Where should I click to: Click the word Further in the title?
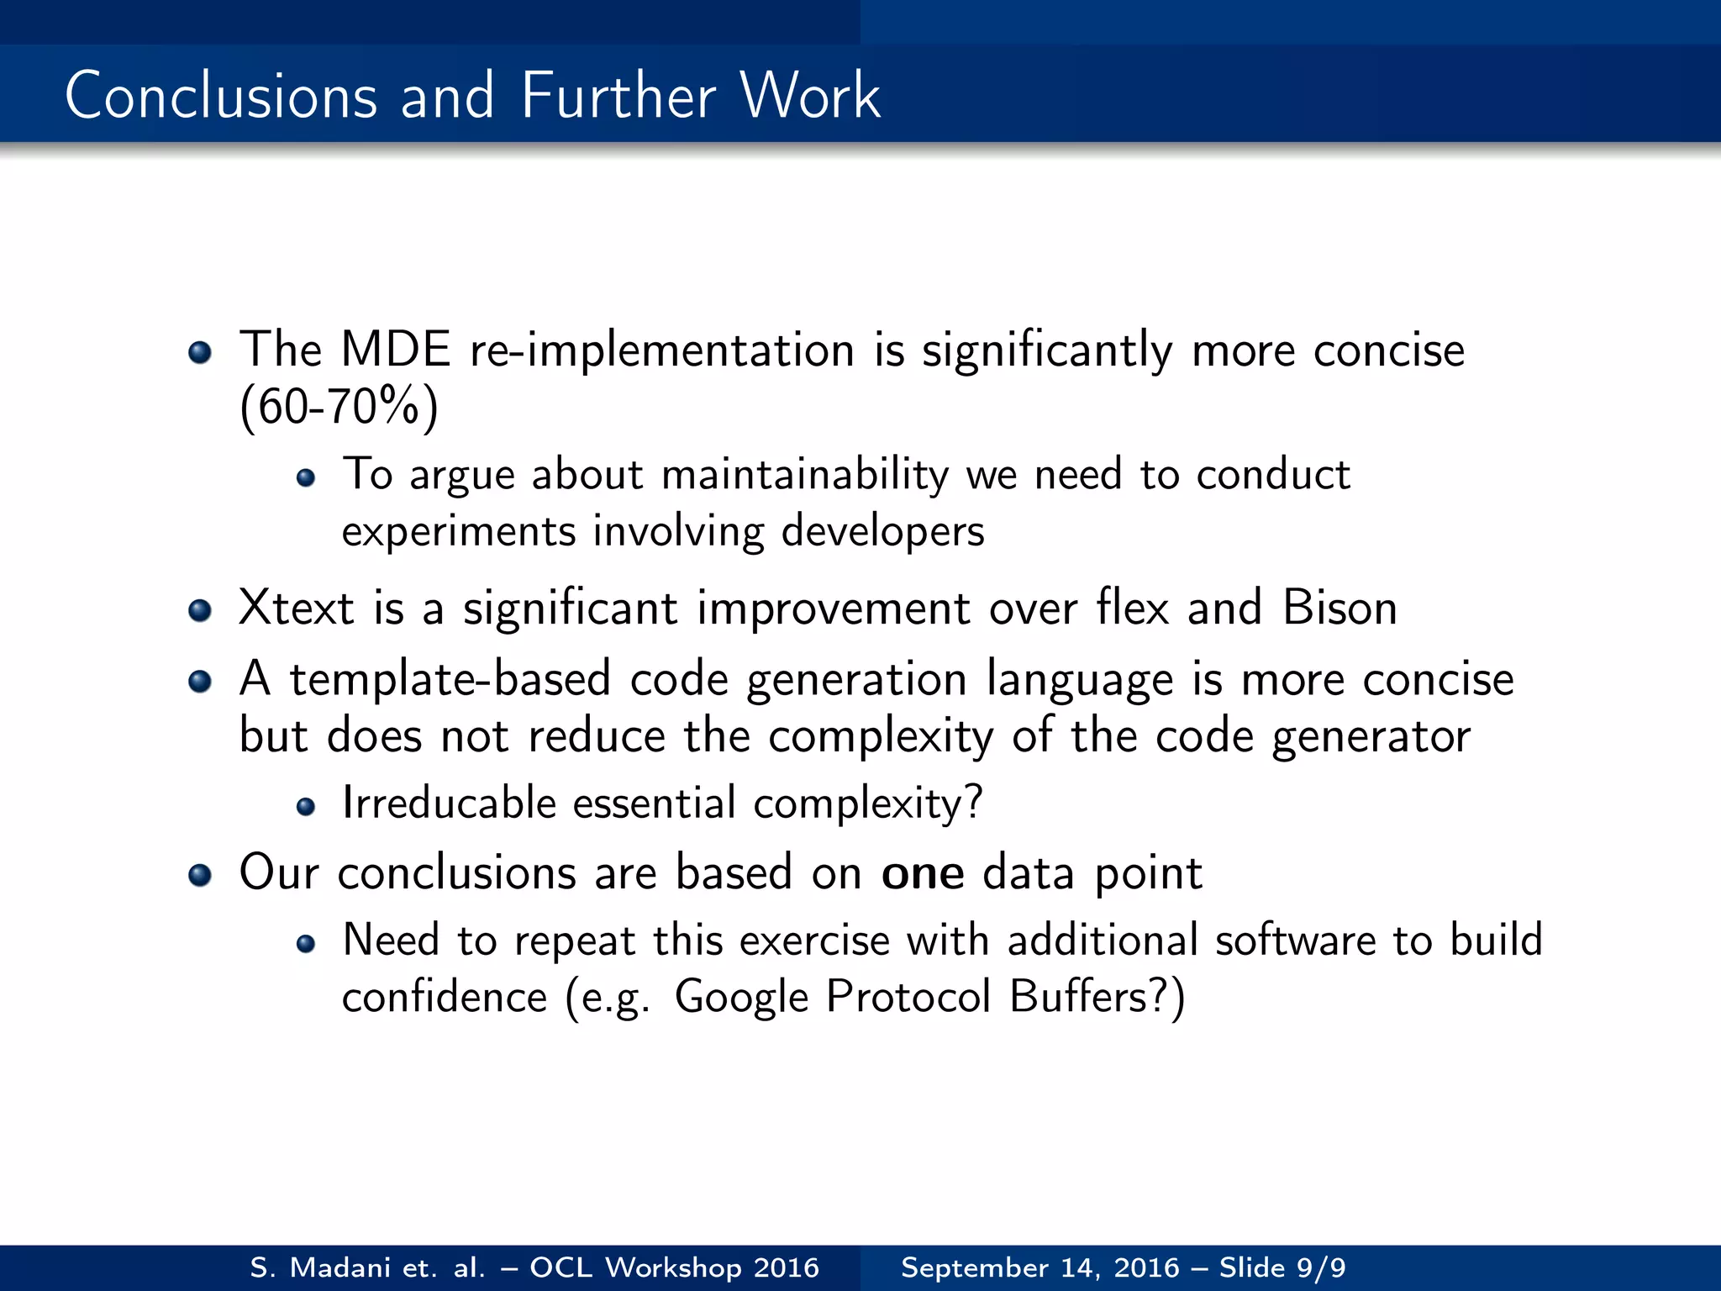click(x=617, y=96)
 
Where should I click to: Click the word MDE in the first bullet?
click(x=395, y=350)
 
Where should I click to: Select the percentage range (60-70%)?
click(x=339, y=408)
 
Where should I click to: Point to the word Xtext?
click(x=296, y=608)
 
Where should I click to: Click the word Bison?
click(x=1339, y=608)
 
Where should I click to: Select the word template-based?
click(x=450, y=679)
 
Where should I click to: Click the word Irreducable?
click(x=449, y=803)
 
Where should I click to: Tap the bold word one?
click(x=922, y=873)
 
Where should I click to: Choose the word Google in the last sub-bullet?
click(x=741, y=998)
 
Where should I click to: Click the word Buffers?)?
click(x=1097, y=998)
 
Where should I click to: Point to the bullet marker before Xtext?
click(x=200, y=610)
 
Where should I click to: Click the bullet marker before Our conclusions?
click(x=200, y=875)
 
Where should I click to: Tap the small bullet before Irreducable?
click(x=306, y=807)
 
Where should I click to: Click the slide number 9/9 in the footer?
click(x=1321, y=1267)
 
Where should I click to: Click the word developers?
click(x=882, y=532)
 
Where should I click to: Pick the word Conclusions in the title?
click(x=221, y=96)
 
